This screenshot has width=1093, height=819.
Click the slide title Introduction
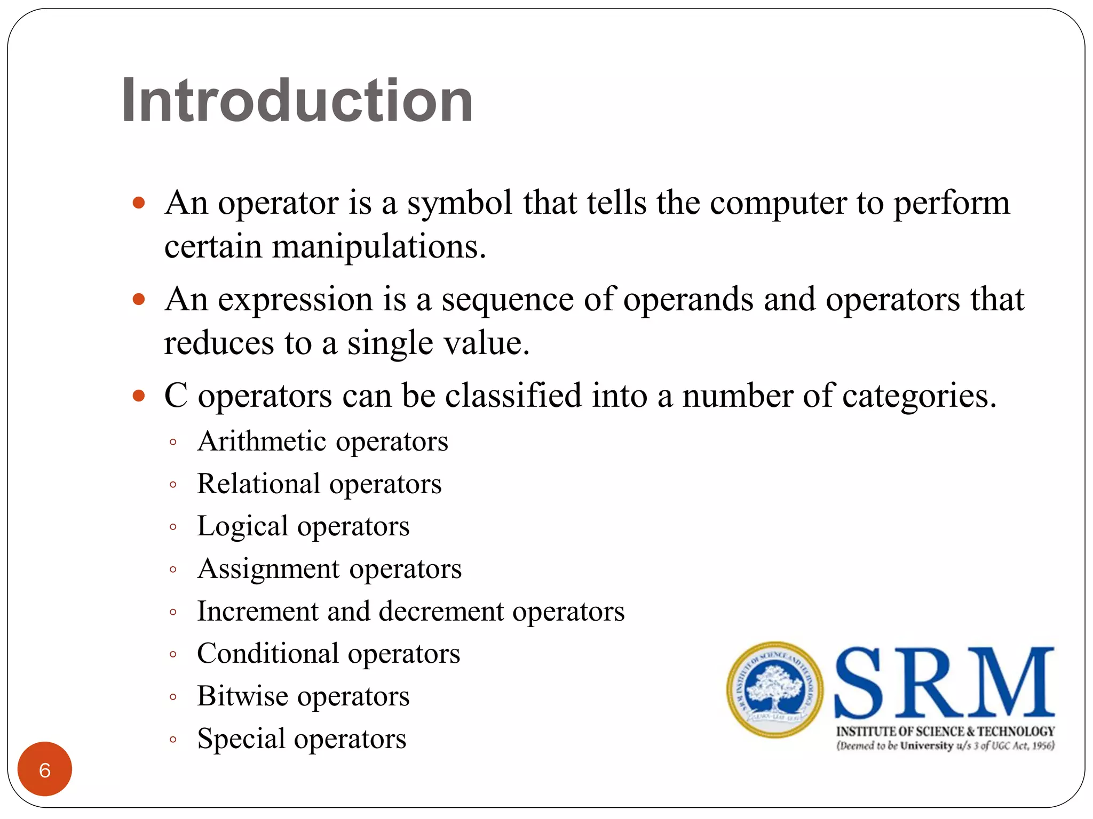(297, 100)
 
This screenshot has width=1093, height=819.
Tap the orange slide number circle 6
(45, 769)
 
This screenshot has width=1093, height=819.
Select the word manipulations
(378, 247)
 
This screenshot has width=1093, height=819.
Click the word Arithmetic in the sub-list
(262, 441)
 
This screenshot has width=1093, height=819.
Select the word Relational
(258, 484)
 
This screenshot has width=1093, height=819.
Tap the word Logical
(242, 527)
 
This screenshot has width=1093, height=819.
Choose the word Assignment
(269, 569)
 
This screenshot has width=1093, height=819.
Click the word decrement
(441, 611)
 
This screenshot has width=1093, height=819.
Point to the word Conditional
(268, 654)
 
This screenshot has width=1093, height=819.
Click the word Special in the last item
(241, 740)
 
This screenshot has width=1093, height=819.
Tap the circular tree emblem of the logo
(774, 689)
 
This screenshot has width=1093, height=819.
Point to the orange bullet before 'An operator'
(139, 203)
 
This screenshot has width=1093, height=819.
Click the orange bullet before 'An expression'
(139, 299)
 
